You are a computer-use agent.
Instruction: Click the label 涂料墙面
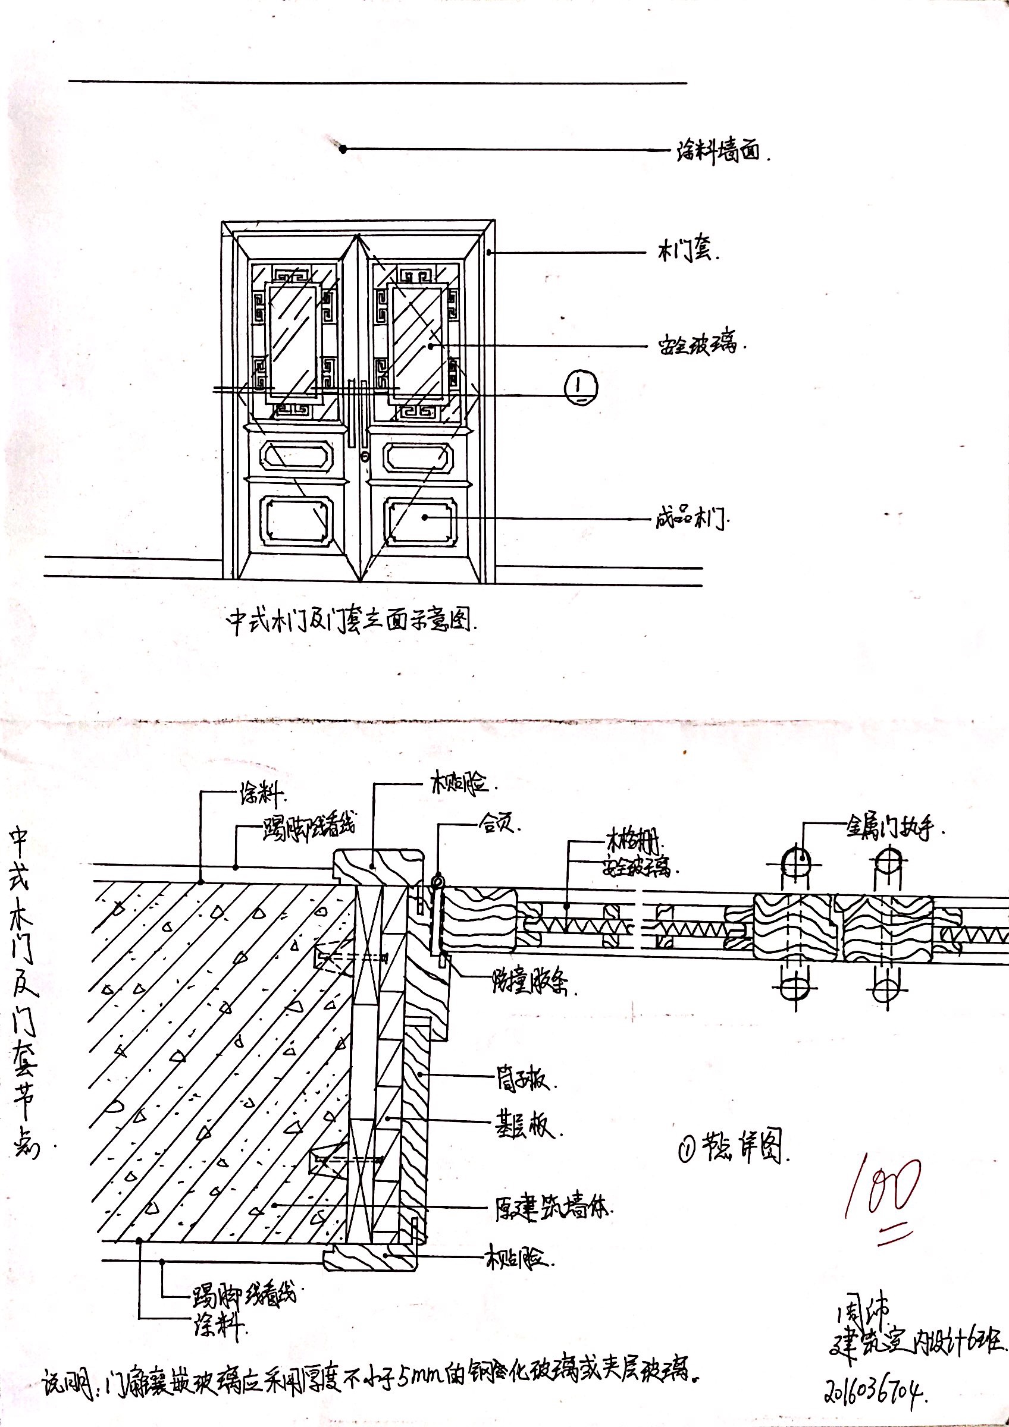719,151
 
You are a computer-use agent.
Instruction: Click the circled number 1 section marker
580,386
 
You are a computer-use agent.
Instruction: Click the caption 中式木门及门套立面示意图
351,620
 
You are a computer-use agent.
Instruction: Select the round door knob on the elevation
364,457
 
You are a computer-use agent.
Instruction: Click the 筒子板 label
522,1082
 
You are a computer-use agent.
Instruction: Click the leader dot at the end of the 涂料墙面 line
343,149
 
